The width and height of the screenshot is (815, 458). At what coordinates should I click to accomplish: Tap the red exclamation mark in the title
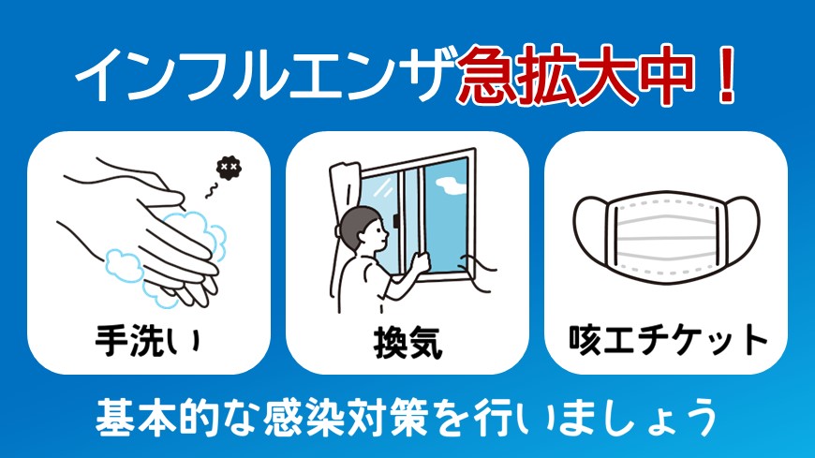coord(722,76)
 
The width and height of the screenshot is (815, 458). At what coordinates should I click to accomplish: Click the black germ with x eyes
coord(226,168)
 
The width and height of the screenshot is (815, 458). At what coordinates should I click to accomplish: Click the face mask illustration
coord(666,235)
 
